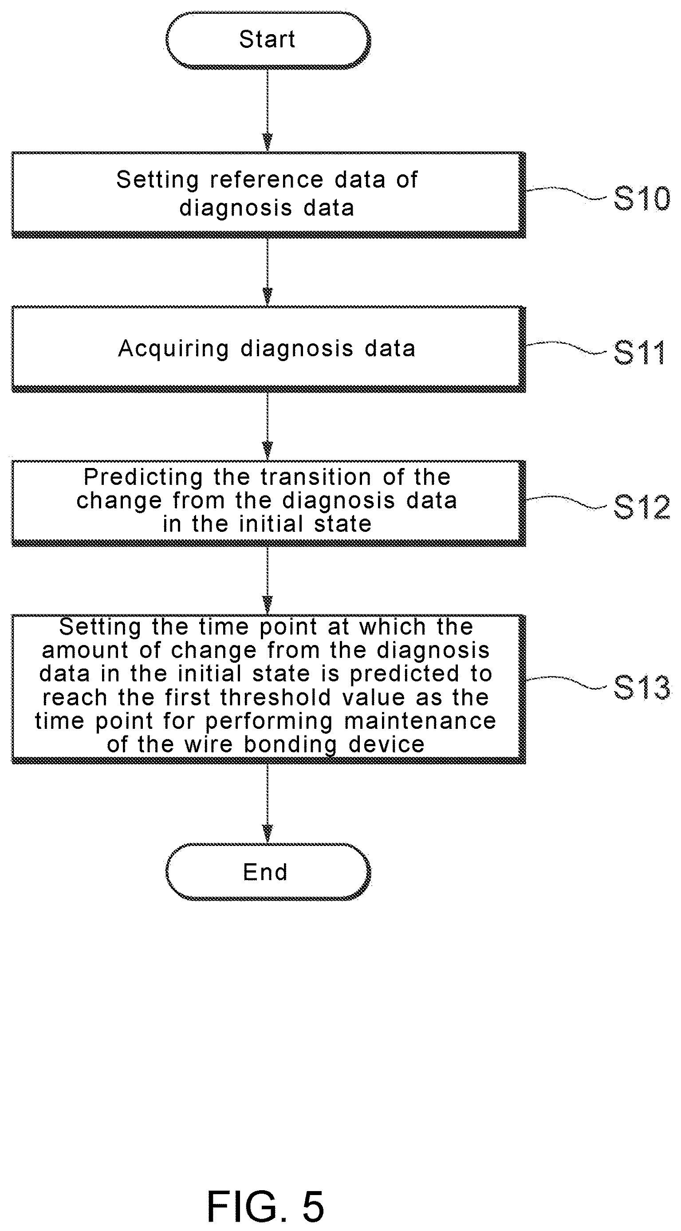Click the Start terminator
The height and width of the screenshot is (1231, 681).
point(268,40)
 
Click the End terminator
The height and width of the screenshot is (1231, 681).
point(268,872)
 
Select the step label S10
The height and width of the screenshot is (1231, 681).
point(642,198)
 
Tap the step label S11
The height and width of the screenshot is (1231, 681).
point(639,353)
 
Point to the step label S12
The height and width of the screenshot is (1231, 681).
point(642,507)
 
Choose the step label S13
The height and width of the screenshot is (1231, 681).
point(642,688)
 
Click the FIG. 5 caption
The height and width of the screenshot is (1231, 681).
point(266,1206)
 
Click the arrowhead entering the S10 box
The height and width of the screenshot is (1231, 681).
point(268,143)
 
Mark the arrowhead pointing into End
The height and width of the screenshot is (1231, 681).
point(268,834)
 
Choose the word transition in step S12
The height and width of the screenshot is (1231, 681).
point(316,477)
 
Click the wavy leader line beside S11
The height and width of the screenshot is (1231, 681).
point(566,348)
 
